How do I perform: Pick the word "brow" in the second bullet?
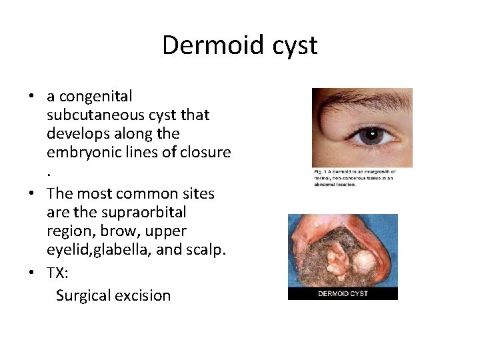133,231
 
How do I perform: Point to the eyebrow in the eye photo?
360,100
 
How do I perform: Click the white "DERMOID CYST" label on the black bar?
343,293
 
